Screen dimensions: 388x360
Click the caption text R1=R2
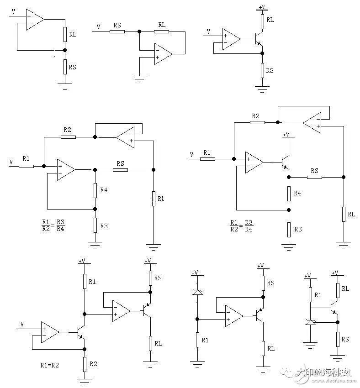coord(51,365)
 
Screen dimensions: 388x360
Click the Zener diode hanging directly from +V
coord(197,292)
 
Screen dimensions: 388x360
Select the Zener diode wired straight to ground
coord(310,323)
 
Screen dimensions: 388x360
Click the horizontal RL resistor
coord(162,31)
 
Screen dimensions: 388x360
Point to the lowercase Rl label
coord(160,198)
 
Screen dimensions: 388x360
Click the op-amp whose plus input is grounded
coord(163,54)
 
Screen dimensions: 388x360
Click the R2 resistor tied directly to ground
coord(85,364)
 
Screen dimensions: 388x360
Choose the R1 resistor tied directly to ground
coord(197,340)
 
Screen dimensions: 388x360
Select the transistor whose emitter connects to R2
coord(79,332)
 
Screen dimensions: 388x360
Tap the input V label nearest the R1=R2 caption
coord(22,324)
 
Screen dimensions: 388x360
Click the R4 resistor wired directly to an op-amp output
coord(95,190)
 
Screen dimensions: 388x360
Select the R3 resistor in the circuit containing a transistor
coord(288,229)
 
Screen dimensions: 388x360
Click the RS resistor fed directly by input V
coord(117,31)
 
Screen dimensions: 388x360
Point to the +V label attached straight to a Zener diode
coord(195,273)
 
